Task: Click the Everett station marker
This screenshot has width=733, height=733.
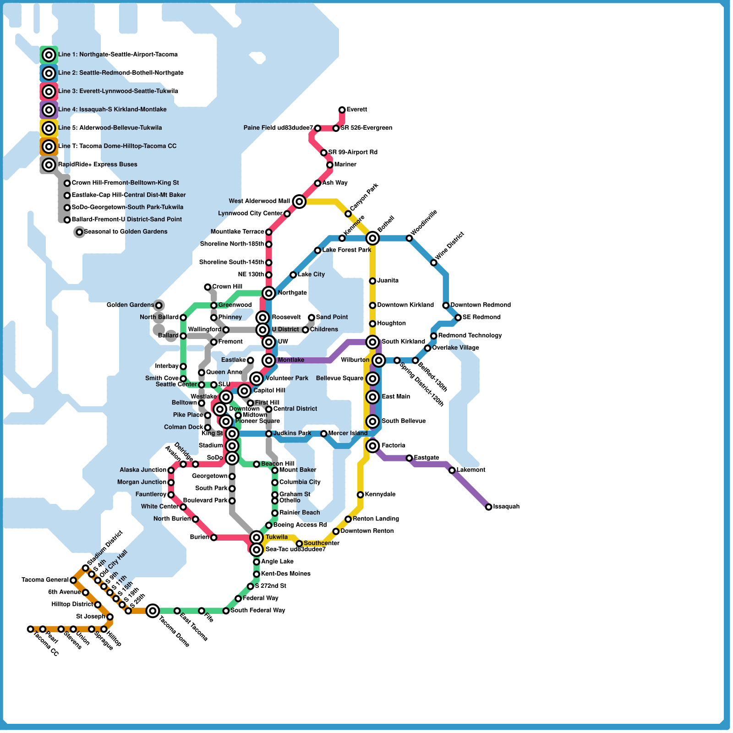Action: tap(342, 110)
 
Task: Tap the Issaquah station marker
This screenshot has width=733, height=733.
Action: tap(489, 507)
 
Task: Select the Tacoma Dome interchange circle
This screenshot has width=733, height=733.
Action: tap(153, 610)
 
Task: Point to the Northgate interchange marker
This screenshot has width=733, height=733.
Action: tap(269, 293)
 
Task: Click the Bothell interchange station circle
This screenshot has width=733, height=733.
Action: tap(372, 238)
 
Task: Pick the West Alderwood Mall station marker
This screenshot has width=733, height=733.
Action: tap(299, 201)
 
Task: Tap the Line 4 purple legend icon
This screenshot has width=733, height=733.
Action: tap(49, 110)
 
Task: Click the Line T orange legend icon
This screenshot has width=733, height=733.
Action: tap(49, 147)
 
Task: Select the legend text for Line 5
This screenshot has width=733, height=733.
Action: tap(110, 128)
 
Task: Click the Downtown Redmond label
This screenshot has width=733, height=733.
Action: tap(480, 305)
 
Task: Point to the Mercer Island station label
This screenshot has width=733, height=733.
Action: tap(348, 433)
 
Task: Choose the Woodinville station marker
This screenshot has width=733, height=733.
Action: tap(409, 238)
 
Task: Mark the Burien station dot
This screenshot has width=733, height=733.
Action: tap(213, 537)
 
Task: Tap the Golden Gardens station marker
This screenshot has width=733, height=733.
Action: tap(159, 305)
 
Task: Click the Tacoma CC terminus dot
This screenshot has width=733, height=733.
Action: tap(30, 629)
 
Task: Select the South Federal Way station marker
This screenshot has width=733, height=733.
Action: tap(226, 611)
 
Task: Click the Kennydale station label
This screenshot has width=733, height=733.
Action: tap(380, 494)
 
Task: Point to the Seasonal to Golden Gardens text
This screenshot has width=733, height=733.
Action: tap(126, 231)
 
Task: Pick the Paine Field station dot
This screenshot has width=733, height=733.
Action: tap(317, 128)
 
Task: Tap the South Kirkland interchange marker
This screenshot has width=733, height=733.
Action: tap(372, 342)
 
